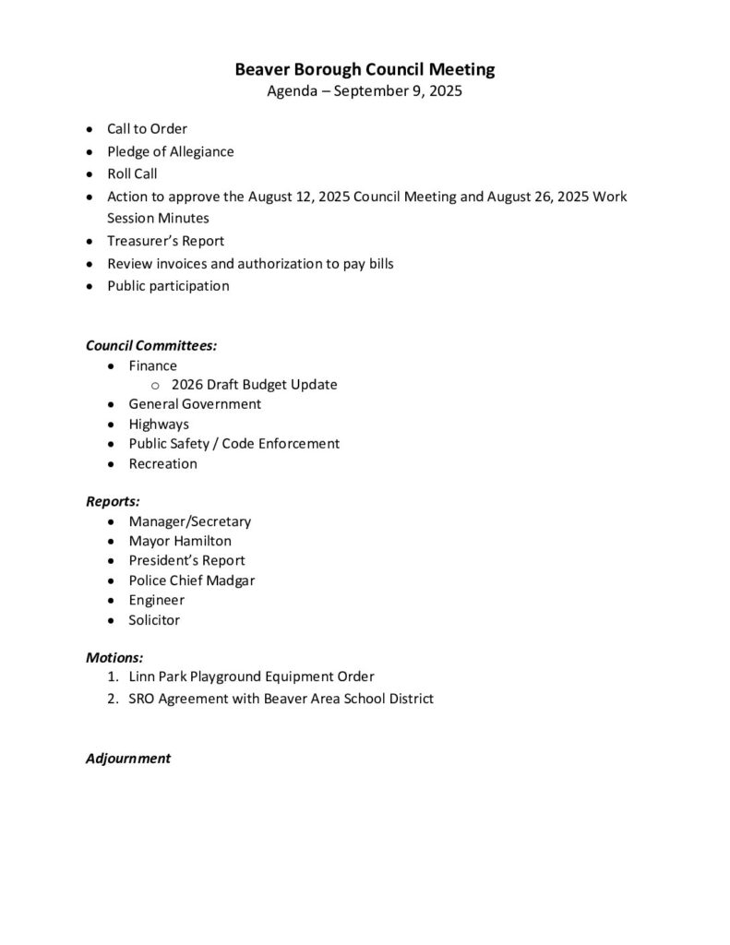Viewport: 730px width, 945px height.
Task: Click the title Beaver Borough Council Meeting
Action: click(365, 69)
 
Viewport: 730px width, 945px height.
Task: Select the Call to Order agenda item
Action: click(147, 129)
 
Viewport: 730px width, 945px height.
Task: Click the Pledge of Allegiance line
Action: click(170, 151)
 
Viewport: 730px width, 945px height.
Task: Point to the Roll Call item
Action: click(132, 173)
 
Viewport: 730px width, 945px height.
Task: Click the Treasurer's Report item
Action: click(165, 241)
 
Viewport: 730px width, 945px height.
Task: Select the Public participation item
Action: click(168, 286)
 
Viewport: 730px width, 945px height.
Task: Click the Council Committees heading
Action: click(151, 346)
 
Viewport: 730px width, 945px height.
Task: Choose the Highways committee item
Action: click(159, 424)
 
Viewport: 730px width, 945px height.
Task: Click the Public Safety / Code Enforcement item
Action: click(233, 444)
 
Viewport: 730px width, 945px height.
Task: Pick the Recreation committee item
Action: click(162, 463)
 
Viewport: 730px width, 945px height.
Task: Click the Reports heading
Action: click(113, 502)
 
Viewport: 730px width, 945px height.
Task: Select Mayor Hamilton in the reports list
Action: click(180, 542)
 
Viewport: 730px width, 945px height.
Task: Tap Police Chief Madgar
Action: click(191, 580)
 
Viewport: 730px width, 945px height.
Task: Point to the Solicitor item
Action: click(154, 620)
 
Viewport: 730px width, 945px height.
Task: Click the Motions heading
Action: click(114, 658)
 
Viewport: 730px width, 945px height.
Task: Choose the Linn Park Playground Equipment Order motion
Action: click(251, 676)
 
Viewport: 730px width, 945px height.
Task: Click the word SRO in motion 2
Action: click(143, 699)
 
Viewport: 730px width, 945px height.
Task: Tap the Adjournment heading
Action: click(128, 759)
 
